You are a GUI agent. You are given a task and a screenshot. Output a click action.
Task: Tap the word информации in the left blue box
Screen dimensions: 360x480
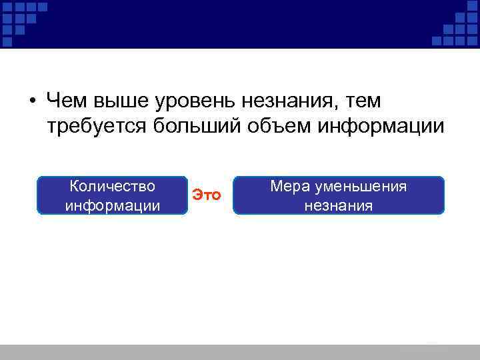click(x=112, y=205)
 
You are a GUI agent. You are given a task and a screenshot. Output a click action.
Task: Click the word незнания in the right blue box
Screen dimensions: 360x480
click(x=338, y=205)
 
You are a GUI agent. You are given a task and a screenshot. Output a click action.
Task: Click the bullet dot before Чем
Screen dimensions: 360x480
click(x=32, y=101)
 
